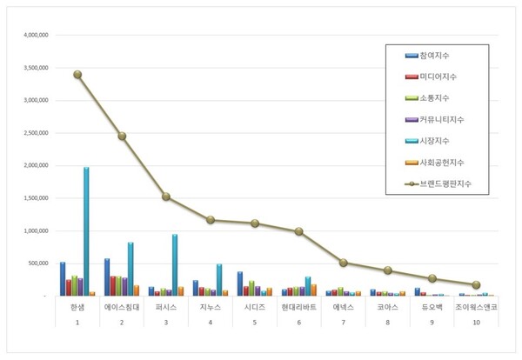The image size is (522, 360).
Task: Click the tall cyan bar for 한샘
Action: pos(86,231)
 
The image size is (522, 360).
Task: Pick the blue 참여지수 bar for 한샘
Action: pos(63,279)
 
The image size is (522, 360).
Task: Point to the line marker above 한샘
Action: pos(77,74)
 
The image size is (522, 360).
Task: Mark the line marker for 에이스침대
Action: pos(122,136)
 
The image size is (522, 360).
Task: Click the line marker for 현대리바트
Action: pos(298,231)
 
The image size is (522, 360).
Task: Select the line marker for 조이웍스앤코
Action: pos(476,284)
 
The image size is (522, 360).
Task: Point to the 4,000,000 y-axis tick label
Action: pos(30,36)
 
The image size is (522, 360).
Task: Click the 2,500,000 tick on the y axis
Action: pos(30,133)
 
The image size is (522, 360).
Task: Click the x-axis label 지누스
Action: pos(210,307)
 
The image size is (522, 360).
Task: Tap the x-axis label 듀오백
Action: pos(432,307)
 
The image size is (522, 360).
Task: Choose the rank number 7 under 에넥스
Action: pos(343,323)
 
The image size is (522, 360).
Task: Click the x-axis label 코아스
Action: pos(387,307)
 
